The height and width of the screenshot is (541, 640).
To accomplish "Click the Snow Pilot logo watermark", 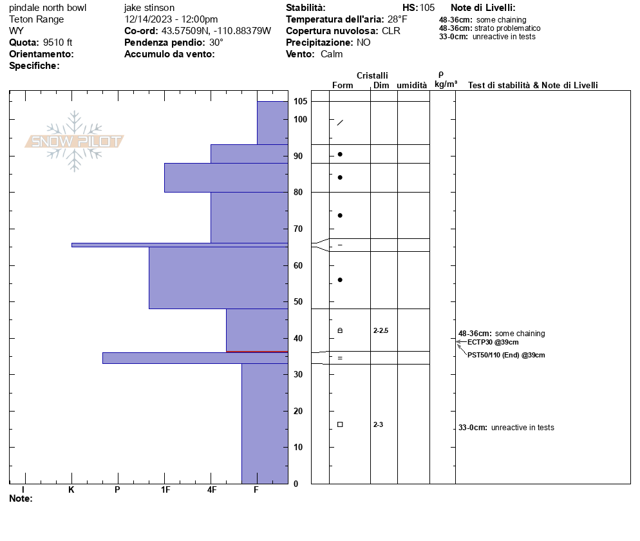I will tap(74, 141).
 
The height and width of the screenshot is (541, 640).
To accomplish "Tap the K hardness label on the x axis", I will tap(71, 489).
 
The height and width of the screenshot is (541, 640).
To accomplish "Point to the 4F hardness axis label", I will tap(212, 489).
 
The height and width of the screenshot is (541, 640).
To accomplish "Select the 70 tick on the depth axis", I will tap(298, 229).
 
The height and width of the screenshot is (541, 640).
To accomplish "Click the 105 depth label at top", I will tap(300, 102).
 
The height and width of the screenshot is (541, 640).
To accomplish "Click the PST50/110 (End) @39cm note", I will tap(506, 355).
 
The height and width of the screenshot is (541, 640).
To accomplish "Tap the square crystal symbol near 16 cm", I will tap(340, 424).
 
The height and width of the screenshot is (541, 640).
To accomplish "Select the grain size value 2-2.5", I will tap(381, 330).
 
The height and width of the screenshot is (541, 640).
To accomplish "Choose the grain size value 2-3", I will tap(378, 424).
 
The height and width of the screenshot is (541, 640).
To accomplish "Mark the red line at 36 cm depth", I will tap(256, 352).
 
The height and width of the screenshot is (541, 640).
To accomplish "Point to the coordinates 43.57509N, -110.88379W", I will tap(216, 31).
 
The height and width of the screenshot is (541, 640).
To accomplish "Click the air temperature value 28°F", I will tap(397, 19).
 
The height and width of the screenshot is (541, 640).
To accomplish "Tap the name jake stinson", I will tap(149, 8).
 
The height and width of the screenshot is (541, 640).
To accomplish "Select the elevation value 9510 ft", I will tap(58, 43).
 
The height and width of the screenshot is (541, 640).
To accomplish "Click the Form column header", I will tap(343, 85).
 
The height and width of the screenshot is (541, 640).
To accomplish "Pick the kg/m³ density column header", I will tap(446, 84).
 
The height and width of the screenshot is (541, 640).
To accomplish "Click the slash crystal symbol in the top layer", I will tap(340, 122).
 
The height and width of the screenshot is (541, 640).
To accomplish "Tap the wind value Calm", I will tap(332, 54).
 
